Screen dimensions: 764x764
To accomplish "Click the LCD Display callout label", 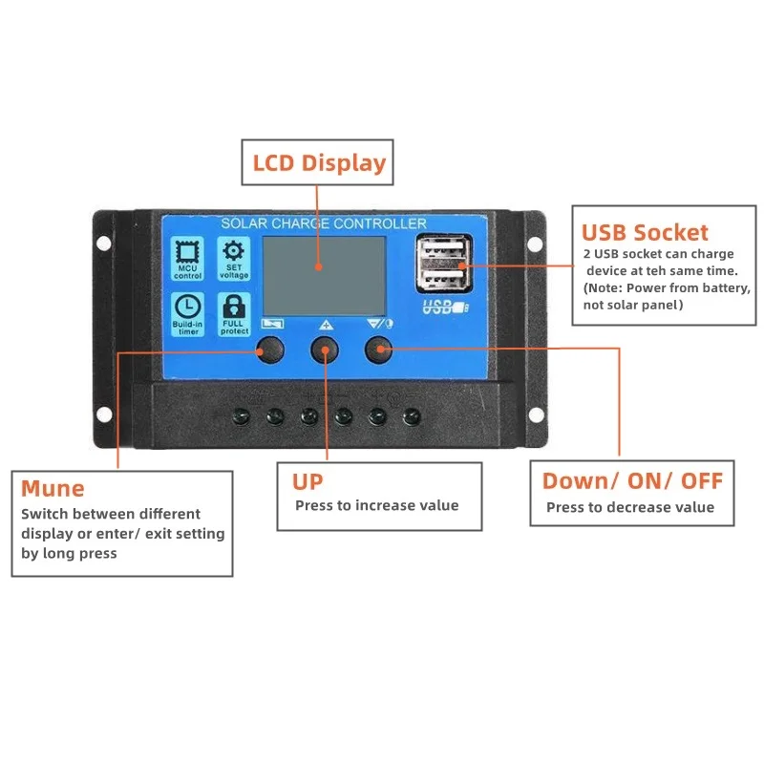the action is pyautogui.click(x=319, y=163).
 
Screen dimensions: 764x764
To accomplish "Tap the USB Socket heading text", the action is pyautogui.click(x=646, y=232).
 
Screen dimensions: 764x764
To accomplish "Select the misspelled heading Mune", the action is pyautogui.click(x=53, y=489).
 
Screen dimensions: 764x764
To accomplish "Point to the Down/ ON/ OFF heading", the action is pyautogui.click(x=632, y=480).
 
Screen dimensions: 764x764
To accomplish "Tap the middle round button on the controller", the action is pyautogui.click(x=325, y=350).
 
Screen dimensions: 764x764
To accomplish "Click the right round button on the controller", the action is pyautogui.click(x=379, y=350).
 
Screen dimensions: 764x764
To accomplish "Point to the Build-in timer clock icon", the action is pyautogui.click(x=188, y=311).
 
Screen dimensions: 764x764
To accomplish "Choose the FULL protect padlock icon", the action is pyautogui.click(x=234, y=311).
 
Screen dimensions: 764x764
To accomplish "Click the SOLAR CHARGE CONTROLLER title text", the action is pyautogui.click(x=324, y=223).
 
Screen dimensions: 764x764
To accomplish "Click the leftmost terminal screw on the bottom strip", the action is pyautogui.click(x=242, y=416).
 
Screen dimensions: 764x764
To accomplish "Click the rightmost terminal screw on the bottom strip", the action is pyautogui.click(x=412, y=416).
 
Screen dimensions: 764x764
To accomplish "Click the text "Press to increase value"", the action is pyautogui.click(x=376, y=505).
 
